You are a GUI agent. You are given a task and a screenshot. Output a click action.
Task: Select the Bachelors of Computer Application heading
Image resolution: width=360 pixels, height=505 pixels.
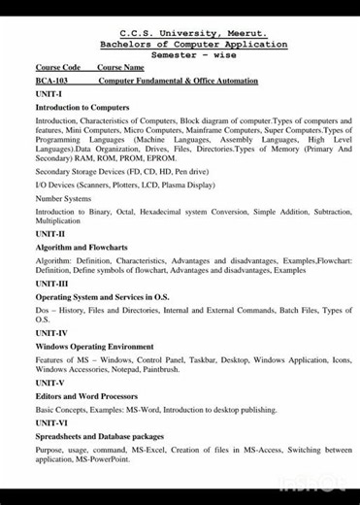pos(194,44)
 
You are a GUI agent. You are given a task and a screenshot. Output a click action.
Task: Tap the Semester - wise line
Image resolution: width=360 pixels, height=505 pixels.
pos(194,55)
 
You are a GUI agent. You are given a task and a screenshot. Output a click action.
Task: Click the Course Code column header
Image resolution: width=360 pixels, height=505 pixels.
pos(57,67)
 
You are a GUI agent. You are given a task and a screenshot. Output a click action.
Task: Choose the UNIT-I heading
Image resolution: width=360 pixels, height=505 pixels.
pos(49,93)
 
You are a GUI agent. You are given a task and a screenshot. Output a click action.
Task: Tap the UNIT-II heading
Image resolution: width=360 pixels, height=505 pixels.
pos(50,234)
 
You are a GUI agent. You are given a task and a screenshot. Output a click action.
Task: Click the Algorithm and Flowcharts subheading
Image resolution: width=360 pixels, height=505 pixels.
pos(82,248)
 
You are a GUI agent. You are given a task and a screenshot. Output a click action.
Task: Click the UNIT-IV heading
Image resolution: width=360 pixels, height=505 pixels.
pos(51,333)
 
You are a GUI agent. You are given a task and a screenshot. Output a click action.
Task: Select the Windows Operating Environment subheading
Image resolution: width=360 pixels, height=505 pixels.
pos(94,346)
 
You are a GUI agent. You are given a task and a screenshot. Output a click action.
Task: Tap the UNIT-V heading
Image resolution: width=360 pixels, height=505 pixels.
pos(49,383)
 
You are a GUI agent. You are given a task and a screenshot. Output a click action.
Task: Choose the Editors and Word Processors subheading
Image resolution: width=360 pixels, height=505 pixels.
pos(86,396)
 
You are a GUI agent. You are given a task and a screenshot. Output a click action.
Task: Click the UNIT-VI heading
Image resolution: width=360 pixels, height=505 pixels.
pos(51,423)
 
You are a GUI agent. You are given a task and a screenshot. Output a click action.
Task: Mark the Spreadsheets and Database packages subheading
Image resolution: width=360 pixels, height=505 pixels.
pos(100,436)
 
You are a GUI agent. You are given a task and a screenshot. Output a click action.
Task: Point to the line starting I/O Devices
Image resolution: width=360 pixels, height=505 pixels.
pos(112,185)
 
